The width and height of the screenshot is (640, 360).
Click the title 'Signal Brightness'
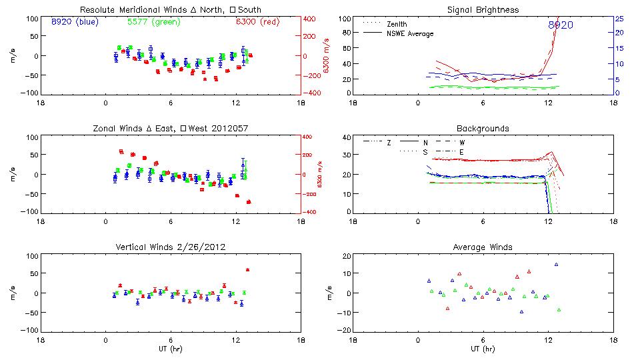click(484, 10)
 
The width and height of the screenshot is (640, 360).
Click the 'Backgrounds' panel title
click(483, 128)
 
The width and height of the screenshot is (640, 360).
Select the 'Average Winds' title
click(484, 247)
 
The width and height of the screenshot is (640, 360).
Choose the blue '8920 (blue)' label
click(74, 22)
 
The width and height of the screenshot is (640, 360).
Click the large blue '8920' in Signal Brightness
click(561, 25)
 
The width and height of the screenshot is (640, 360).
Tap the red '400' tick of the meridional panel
click(312, 19)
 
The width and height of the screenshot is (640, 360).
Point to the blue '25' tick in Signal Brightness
click(619, 19)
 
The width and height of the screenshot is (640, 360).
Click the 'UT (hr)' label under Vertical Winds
click(170, 349)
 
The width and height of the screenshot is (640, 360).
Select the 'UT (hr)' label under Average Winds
click(483, 349)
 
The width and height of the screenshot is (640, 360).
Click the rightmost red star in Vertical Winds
click(247, 270)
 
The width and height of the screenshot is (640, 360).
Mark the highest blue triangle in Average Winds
click(556, 265)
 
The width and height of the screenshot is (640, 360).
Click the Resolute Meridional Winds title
click(170, 10)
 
